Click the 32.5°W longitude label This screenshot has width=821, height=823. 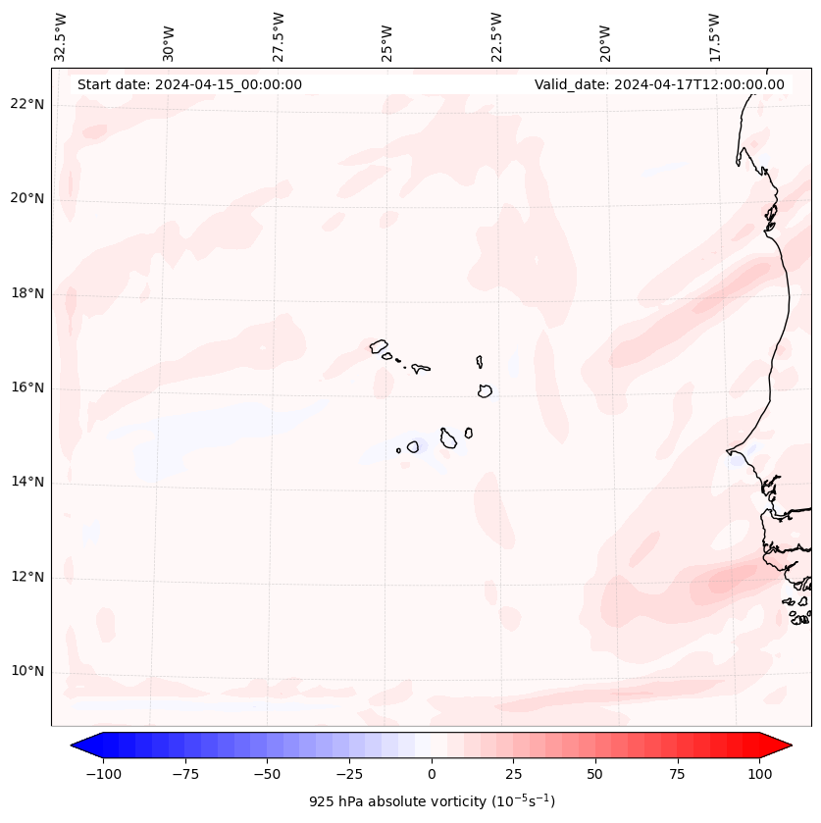[61, 37]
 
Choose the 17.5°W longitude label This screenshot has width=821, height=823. [715, 37]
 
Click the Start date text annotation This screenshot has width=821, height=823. [189, 84]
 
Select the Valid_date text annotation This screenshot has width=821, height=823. [659, 84]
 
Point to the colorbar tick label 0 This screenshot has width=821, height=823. [432, 774]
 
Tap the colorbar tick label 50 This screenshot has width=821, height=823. [595, 774]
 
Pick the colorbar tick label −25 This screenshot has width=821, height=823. [349, 774]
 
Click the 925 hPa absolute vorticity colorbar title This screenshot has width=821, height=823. [432, 801]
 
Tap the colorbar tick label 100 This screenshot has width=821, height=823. [759, 774]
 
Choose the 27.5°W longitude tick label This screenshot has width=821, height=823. [280, 37]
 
